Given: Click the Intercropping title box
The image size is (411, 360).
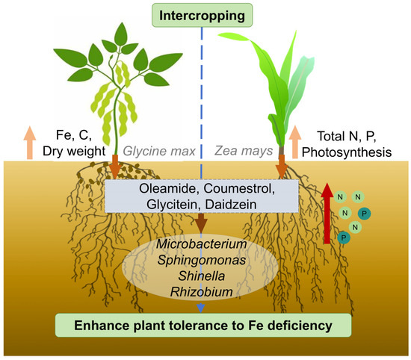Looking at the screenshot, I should [x=205, y=14].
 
